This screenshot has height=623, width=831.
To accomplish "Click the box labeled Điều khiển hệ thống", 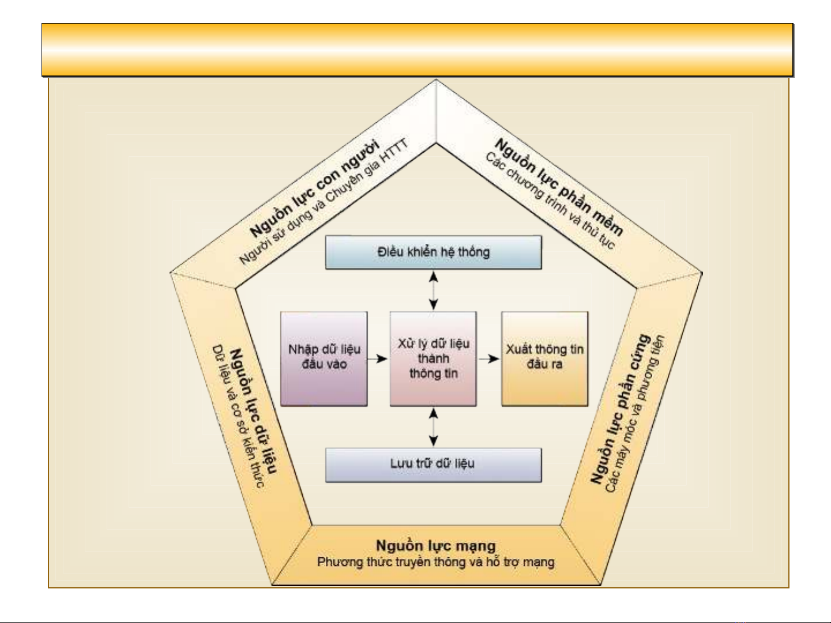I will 433,252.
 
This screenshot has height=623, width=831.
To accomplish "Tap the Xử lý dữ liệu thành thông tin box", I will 433,358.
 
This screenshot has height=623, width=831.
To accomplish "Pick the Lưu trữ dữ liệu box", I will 433,465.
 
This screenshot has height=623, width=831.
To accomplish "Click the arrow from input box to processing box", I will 378,358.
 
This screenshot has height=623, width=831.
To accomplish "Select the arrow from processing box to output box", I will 489,358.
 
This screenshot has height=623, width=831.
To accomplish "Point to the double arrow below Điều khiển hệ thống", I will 433,291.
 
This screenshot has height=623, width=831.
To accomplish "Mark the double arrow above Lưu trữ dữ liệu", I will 433,427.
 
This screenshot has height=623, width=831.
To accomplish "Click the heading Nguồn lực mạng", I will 435,545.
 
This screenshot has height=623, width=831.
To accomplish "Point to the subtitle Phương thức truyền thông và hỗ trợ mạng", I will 435,562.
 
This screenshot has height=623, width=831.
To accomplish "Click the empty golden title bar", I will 417,50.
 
